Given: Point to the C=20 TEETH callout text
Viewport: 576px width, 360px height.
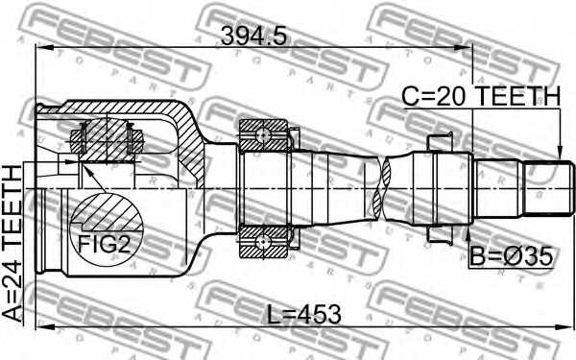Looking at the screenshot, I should pyautogui.click(x=481, y=97).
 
